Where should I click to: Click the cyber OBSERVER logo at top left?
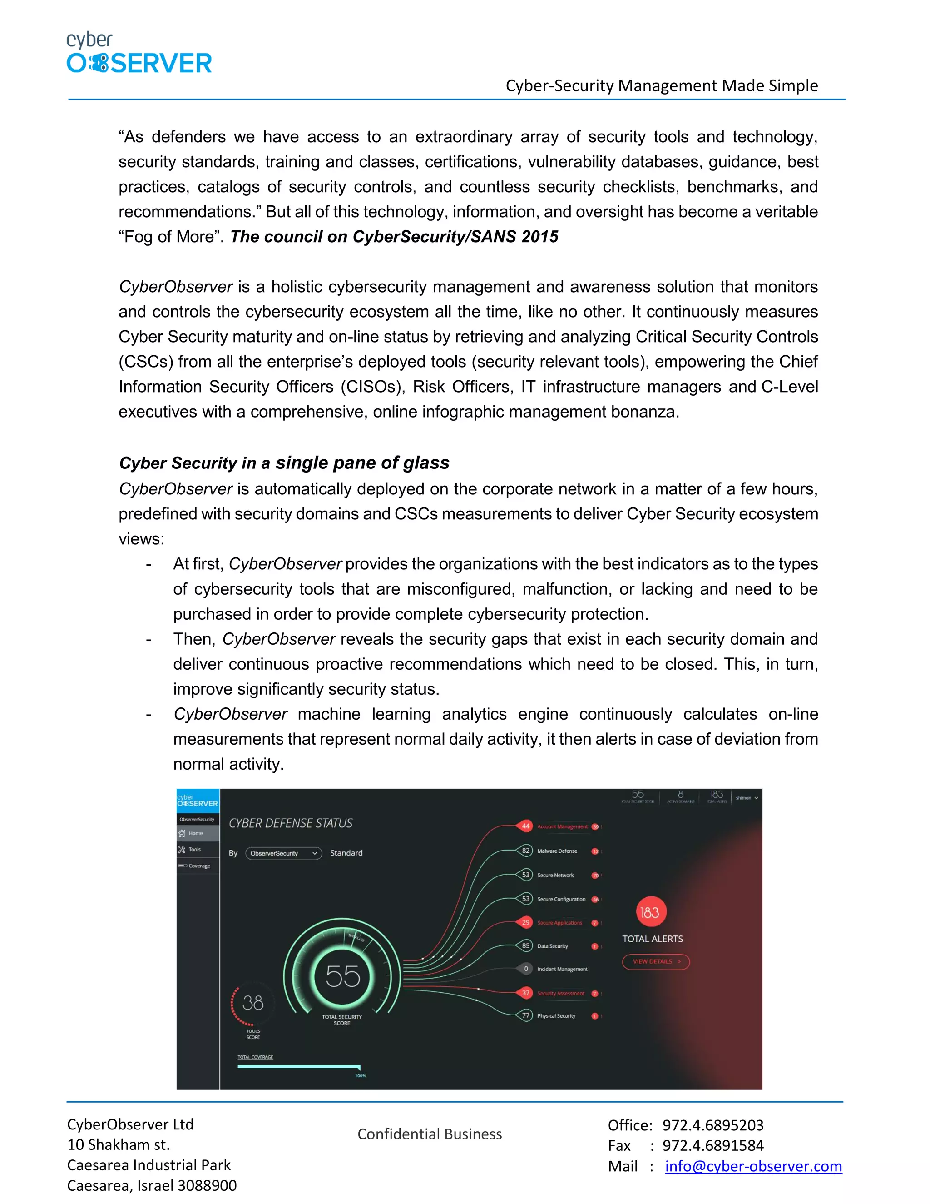pos(139,54)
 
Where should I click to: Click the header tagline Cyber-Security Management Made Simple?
pos(661,85)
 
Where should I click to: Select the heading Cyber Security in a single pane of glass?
pos(284,463)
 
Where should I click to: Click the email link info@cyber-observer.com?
pos(753,1166)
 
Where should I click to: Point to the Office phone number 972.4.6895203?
pos(712,1125)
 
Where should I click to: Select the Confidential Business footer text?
pos(429,1134)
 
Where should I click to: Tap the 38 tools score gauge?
pos(253,1003)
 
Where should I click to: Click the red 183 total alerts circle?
pos(651,912)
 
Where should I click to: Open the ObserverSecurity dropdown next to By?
pos(283,853)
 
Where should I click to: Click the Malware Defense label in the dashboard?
pos(557,851)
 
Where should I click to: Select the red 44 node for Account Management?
pos(525,826)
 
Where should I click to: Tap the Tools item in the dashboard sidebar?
pos(194,850)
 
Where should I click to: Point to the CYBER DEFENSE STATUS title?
pos(290,823)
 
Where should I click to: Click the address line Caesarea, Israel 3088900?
pos(152,1185)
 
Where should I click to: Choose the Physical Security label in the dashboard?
pos(556,1016)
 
